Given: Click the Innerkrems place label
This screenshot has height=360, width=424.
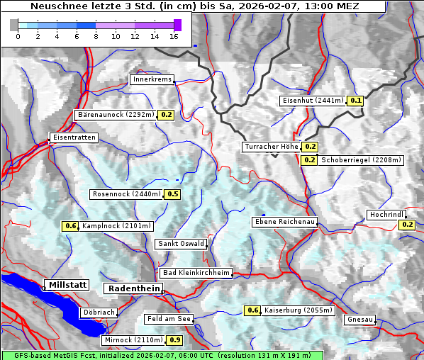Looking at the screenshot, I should pyautogui.click(x=152, y=79).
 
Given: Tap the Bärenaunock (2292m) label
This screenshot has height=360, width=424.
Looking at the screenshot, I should pyautogui.click(x=115, y=114).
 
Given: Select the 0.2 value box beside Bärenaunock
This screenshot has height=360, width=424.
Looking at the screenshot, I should pyautogui.click(x=167, y=114).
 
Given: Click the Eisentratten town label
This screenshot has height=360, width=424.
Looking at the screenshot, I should pyautogui.click(x=73, y=137).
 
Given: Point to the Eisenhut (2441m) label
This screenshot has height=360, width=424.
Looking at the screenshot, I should pyautogui.click(x=312, y=101).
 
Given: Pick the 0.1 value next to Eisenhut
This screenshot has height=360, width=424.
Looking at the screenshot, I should pyautogui.click(x=356, y=101).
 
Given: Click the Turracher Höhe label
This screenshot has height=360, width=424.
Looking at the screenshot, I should pyautogui.click(x=271, y=147).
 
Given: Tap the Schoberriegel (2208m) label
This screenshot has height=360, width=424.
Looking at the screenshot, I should pyautogui.click(x=362, y=160).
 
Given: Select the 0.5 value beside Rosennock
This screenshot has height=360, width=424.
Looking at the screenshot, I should pyautogui.click(x=172, y=194).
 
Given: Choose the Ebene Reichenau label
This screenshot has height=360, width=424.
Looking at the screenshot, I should pyautogui.click(x=284, y=222).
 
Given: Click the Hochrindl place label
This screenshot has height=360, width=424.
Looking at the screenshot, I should pyautogui.click(x=387, y=214).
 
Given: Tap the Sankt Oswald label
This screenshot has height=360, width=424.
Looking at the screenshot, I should pyautogui.click(x=181, y=244).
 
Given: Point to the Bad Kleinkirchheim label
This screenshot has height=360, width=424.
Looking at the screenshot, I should pyautogui.click(x=196, y=273).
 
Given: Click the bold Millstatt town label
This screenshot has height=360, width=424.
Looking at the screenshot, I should pyautogui.click(x=67, y=284).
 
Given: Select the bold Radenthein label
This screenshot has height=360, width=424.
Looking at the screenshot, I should pyautogui.click(x=133, y=288).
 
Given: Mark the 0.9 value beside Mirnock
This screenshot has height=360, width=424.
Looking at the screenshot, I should pyautogui.click(x=175, y=340).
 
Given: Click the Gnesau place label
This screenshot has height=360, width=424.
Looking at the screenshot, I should pyautogui.click(x=360, y=320).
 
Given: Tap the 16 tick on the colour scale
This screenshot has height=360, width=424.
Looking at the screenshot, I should pyautogui.click(x=174, y=36).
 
